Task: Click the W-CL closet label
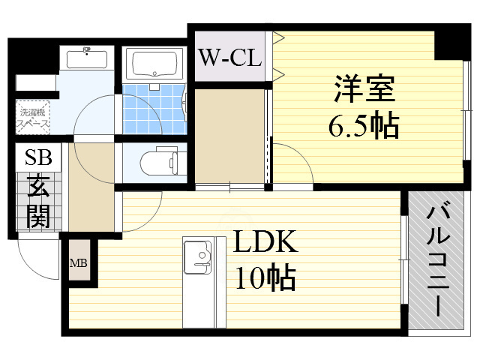229,57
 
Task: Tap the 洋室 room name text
364,92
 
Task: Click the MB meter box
79,262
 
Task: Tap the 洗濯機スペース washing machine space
34,116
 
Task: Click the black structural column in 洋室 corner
451,43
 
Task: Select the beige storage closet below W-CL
229,135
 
